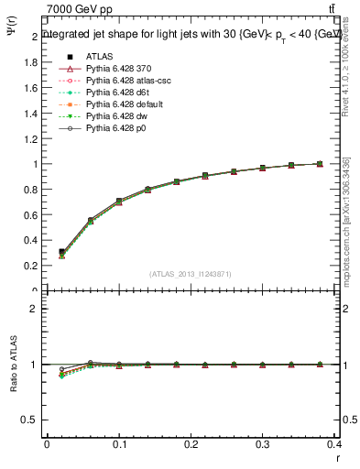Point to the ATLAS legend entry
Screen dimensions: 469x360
click(98, 57)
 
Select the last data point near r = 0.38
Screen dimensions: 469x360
click(320, 164)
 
